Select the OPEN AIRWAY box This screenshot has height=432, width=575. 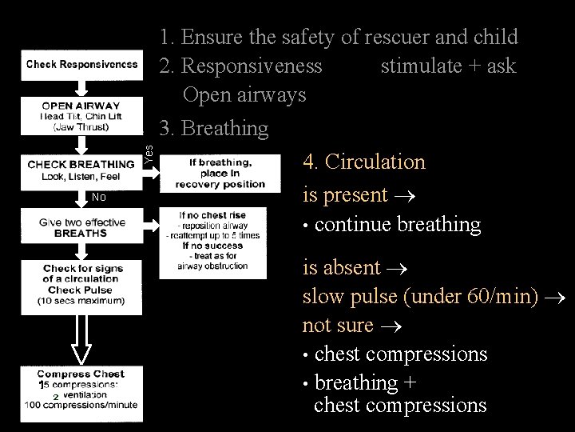pos(81,116)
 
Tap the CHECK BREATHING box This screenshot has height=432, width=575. pos(81,170)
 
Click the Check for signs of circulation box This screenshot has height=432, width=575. pos(83,285)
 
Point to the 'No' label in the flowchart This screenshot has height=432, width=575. pos(98,198)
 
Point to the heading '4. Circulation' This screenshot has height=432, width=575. pos(364,162)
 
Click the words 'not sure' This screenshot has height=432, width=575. pos(338,325)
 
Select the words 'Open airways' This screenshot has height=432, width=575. pos(244,94)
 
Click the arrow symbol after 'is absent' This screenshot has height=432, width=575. pos(394,267)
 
